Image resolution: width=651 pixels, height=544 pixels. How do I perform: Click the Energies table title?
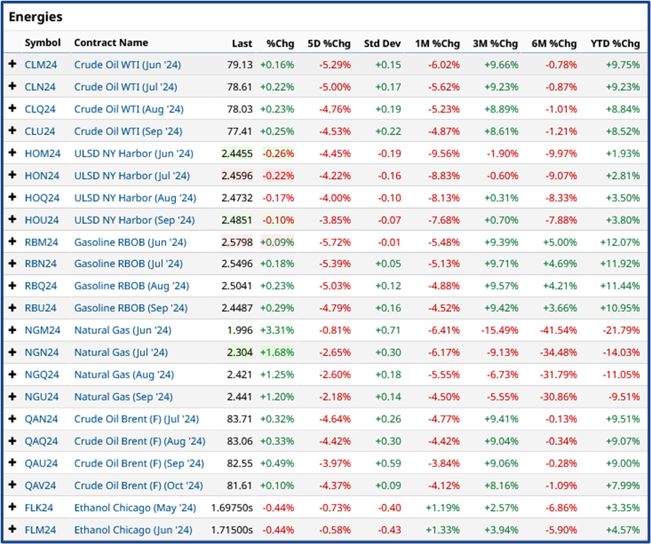35,17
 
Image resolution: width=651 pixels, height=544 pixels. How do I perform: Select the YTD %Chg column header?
614,43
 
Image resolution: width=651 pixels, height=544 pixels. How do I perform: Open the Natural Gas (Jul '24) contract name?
121,352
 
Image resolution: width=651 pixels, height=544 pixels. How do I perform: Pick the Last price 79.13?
241,65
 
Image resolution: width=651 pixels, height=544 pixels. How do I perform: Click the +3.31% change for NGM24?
277,330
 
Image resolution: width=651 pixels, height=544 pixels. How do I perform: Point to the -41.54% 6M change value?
559,330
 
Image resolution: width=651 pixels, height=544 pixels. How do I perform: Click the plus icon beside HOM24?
12,153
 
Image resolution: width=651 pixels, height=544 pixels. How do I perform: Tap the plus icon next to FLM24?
12,530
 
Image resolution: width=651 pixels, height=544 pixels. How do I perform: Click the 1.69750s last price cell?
232,507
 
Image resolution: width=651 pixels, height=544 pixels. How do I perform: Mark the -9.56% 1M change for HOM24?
441,153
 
